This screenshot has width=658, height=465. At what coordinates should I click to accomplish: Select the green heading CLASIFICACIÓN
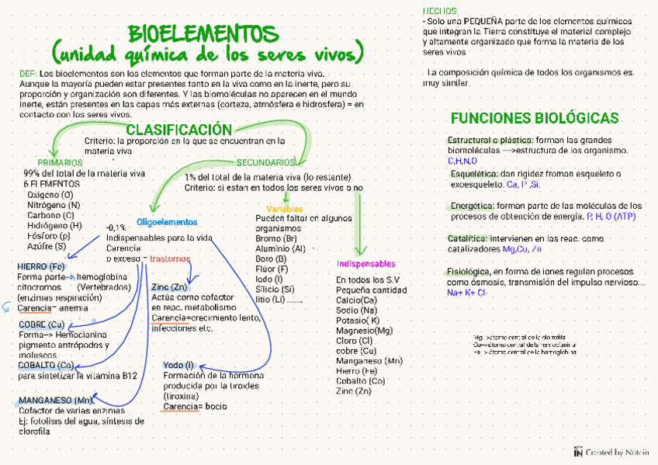(x=178, y=130)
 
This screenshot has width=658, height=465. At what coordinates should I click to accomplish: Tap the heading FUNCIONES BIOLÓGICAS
(x=535, y=118)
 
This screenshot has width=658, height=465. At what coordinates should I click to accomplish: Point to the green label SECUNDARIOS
(x=265, y=162)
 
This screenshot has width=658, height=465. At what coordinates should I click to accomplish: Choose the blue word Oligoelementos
(x=167, y=222)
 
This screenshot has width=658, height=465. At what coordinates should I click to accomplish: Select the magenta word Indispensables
(x=366, y=264)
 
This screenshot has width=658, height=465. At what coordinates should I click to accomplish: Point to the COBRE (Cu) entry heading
(x=42, y=324)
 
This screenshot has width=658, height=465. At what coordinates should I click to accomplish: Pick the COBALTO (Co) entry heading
(x=47, y=365)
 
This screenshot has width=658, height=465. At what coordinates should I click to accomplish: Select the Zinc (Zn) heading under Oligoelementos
(x=169, y=287)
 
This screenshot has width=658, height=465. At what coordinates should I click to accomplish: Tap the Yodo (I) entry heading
(x=178, y=365)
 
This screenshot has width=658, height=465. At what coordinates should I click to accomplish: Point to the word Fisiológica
(x=468, y=272)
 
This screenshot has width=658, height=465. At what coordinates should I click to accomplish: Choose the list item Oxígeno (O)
(x=50, y=194)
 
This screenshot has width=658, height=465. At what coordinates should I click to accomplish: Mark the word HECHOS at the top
(x=439, y=10)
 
